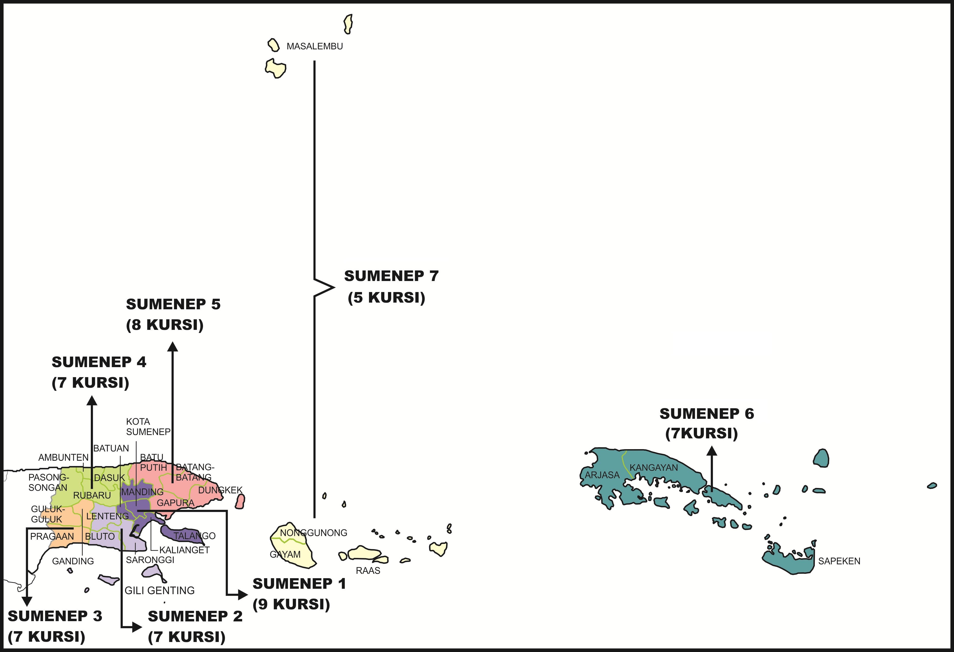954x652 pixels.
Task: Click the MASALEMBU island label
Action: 314,46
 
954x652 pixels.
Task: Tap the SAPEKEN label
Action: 839,561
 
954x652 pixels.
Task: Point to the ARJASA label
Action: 602,475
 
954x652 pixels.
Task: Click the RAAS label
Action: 368,570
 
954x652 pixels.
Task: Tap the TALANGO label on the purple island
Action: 194,536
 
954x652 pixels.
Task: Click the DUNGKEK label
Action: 220,490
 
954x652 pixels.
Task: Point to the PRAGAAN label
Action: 52,536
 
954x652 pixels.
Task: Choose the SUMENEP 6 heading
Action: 707,414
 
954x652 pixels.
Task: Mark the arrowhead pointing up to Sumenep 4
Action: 92,401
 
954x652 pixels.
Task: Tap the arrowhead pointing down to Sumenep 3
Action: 27,601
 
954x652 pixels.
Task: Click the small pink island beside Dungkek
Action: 240,501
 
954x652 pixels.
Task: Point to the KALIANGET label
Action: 184,550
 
